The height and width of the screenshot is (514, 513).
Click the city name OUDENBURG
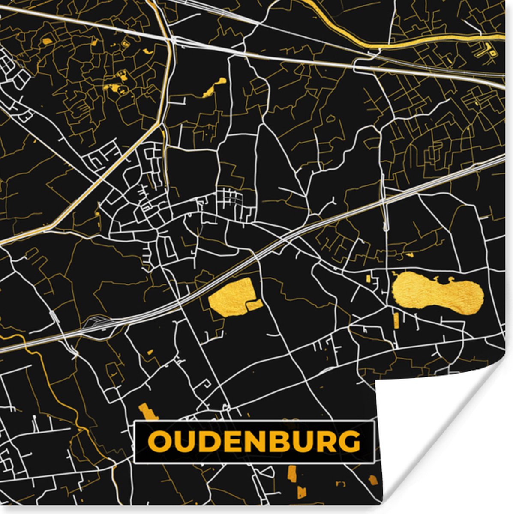[x=254, y=442]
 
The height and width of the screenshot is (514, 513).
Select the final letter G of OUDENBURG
[x=349, y=442]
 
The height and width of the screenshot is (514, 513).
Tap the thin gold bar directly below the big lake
[x=396, y=320]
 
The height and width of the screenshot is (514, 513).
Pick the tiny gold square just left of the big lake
[x=369, y=279]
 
